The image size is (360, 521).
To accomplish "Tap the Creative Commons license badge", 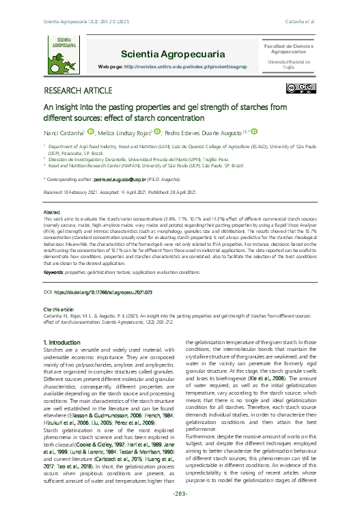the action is (x=301, y=88).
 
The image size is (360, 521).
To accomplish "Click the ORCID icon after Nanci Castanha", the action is (x=90, y=132).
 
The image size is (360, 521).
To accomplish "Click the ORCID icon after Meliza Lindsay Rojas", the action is (x=158, y=132).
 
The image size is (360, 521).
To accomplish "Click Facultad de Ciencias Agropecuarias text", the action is (x=288, y=48).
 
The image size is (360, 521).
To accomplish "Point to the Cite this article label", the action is (x=63, y=309).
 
